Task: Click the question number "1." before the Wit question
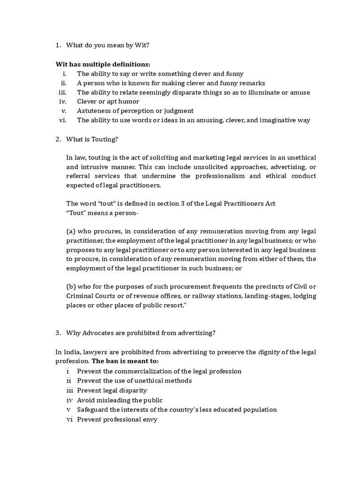click(58, 45)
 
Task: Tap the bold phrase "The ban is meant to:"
click(125, 361)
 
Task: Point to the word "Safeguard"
click(94, 410)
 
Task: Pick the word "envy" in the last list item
click(150, 420)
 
